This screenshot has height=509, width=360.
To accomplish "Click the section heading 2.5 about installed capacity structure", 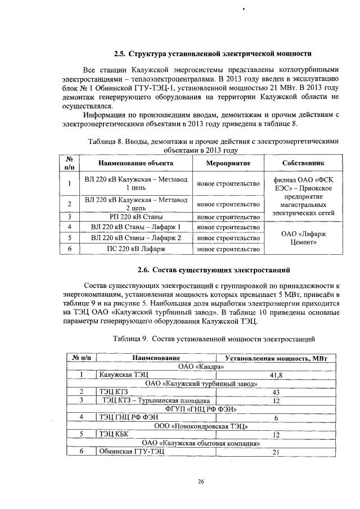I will coord(212,54).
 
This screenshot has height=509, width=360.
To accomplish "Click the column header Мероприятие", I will coord(227,163).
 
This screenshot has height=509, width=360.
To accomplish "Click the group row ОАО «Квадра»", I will coord(201,366).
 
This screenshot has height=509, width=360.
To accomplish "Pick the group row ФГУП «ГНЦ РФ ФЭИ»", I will coord(201,408).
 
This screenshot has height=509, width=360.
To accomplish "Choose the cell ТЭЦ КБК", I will coord(113,434).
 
